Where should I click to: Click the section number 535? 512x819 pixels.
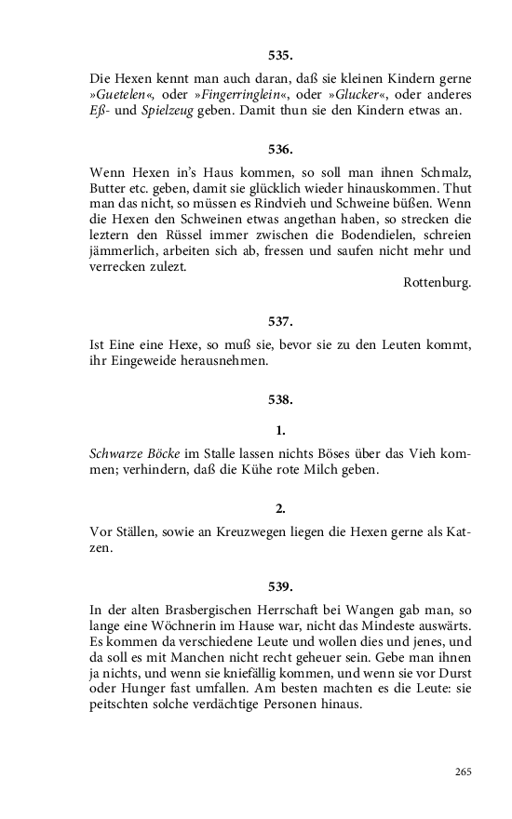click(x=280, y=56)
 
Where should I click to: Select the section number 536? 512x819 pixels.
click(x=280, y=149)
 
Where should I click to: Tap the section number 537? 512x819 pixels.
click(x=280, y=321)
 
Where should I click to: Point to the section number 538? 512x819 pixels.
click(x=280, y=400)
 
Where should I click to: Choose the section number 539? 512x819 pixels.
click(x=280, y=586)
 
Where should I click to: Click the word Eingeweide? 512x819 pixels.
click(x=140, y=361)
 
